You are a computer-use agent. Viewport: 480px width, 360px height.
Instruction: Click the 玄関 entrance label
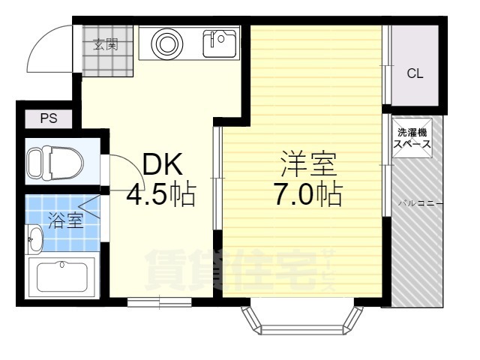click(105, 45)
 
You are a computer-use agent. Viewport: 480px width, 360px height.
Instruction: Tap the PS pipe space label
click(49, 118)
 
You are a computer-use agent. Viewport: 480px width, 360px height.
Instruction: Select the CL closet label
click(415, 73)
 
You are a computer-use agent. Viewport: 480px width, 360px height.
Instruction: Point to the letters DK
click(162, 164)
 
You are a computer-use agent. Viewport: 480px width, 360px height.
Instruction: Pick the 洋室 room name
click(309, 164)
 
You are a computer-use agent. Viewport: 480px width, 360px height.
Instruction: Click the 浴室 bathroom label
click(66, 220)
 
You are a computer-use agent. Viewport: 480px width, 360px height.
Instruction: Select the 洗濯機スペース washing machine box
click(412, 138)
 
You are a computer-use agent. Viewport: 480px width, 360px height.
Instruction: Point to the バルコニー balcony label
click(420, 203)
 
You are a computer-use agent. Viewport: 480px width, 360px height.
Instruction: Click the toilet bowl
click(55, 163)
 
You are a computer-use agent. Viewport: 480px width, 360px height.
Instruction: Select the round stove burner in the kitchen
click(167, 43)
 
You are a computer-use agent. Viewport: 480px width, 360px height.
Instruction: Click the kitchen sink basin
click(220, 43)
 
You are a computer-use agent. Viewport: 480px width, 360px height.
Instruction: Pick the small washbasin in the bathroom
click(34, 239)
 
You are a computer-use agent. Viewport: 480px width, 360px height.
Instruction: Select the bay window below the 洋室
click(302, 321)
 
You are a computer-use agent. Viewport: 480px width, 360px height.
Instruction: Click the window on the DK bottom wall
click(160, 302)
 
